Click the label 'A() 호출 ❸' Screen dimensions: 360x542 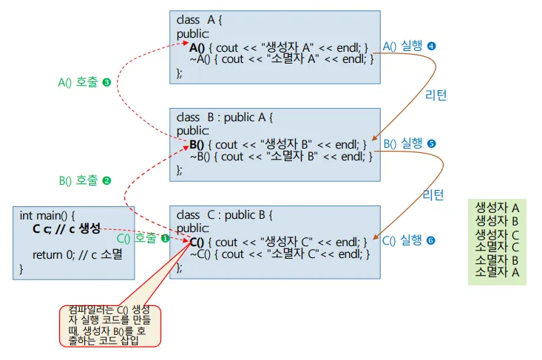tap(84, 83)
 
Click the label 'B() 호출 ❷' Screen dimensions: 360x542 tap(84, 180)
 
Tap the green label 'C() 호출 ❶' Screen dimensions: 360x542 tap(143, 239)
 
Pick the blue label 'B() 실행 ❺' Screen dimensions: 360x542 tap(409, 143)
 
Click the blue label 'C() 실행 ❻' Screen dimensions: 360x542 tap(409, 240)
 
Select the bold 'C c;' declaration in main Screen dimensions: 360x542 tap(42, 228)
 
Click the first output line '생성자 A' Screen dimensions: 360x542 tap(496, 208)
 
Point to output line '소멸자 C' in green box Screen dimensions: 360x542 tap(496, 246)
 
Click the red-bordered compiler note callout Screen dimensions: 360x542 tap(111, 325)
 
